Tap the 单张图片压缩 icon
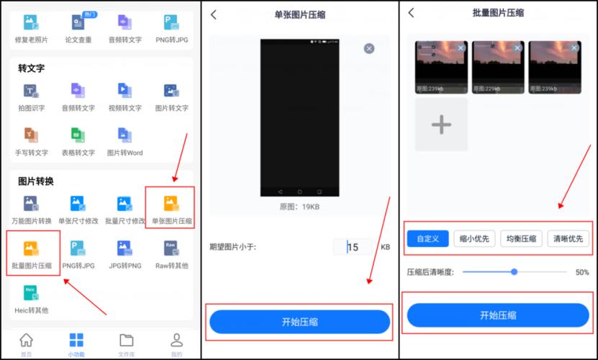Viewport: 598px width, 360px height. (x=171, y=205)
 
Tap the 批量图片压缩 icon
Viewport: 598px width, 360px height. (x=30, y=249)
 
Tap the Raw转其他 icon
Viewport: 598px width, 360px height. (x=171, y=249)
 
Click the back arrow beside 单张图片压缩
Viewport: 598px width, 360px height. (x=213, y=14)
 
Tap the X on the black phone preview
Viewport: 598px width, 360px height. (x=369, y=48)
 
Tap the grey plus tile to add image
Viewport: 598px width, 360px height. (x=441, y=125)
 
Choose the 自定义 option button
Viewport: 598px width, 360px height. (x=428, y=239)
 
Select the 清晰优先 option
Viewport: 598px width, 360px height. (x=568, y=239)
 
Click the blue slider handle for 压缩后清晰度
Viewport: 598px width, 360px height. (x=514, y=271)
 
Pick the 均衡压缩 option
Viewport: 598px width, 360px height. (x=522, y=239)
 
